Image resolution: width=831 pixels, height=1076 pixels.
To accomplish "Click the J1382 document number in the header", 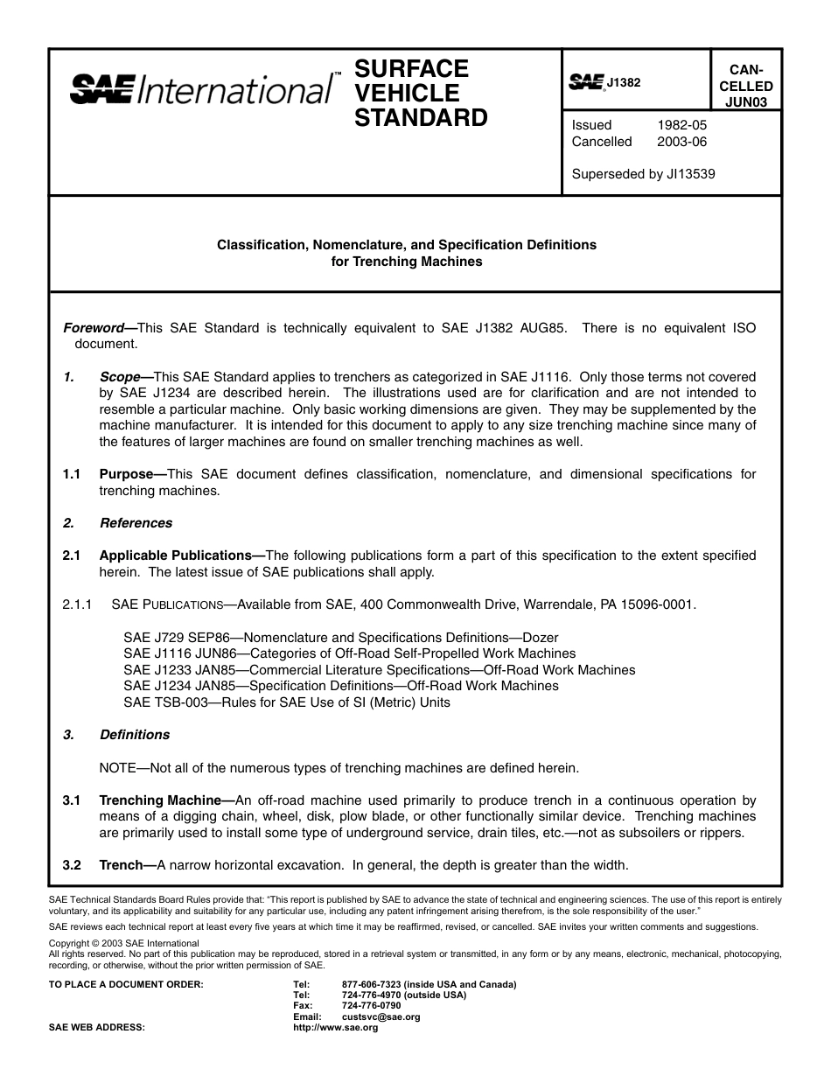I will (623, 83).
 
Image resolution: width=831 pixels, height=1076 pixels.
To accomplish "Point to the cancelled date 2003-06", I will (681, 142).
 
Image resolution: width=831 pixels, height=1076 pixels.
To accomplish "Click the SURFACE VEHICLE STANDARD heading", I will (420, 93).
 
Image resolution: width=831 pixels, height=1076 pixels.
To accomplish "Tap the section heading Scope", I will (120, 377).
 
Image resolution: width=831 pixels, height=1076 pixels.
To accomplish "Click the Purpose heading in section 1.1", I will (126, 474).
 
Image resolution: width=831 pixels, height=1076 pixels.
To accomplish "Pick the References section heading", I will (136, 523).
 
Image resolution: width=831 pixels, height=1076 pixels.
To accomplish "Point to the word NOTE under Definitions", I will (118, 768).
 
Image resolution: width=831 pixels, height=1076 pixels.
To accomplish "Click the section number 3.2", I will (72, 865).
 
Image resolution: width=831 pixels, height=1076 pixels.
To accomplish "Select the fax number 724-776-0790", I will (371, 1006).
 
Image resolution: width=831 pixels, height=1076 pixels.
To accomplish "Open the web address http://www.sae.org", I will (335, 1028).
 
